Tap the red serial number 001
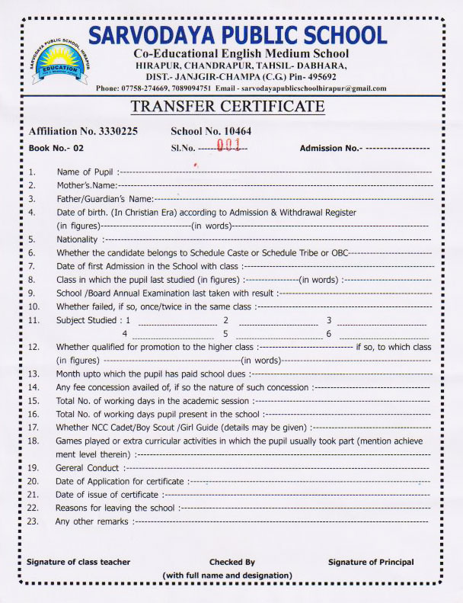[x=228, y=146]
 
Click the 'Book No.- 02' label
[x=56, y=147]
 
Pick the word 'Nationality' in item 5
[x=78, y=239]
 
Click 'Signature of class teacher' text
[x=78, y=562]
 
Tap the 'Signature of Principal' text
[x=371, y=562]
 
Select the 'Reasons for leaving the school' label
[x=115, y=508]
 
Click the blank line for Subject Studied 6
[x=382, y=334]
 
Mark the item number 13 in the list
[x=33, y=374]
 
